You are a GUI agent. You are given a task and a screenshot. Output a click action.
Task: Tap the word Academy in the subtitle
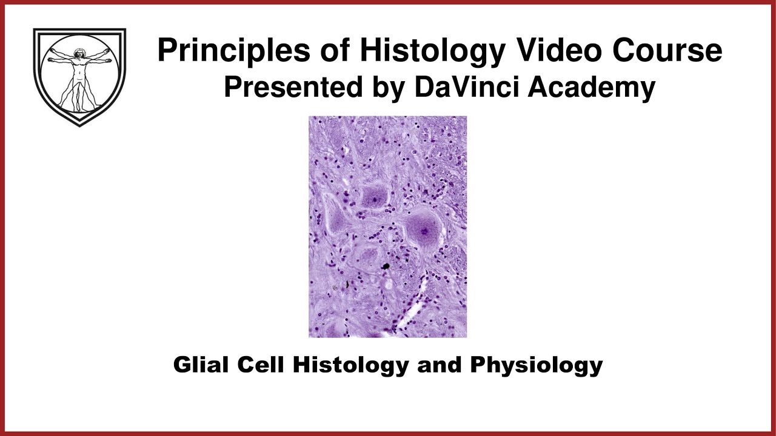tap(591, 88)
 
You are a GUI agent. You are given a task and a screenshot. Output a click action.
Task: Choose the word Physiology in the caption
tap(536, 365)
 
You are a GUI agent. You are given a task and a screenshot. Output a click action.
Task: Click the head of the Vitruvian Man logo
tap(79, 54)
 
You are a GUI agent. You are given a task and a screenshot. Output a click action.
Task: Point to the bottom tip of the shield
tap(80, 125)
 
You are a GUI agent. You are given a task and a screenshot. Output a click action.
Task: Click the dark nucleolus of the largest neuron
tap(424, 231)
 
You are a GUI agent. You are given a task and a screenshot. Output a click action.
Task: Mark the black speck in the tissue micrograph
tap(385, 266)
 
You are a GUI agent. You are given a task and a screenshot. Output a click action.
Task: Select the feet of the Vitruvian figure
tap(79, 110)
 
